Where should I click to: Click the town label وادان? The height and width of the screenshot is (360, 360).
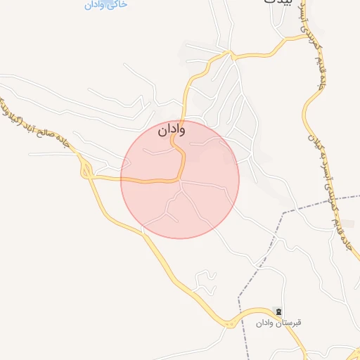tap(172, 130)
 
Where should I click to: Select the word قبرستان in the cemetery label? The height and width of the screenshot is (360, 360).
tap(288, 323)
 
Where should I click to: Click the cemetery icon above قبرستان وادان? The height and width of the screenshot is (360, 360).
tap(278, 312)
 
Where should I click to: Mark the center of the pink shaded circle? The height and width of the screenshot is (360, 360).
tap(180, 179)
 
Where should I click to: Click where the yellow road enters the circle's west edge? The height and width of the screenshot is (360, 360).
tap(122, 179)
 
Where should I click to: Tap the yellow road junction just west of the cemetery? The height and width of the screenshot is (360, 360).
tap(231, 323)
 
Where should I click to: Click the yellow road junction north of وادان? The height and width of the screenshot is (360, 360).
tap(230, 53)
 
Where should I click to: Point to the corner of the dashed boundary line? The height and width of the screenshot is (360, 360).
tap(283, 211)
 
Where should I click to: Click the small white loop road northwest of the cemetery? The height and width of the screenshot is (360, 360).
tap(205, 283)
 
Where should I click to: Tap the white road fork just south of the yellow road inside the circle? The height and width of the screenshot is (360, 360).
tap(181, 184)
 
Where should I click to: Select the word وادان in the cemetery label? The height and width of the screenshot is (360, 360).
tap(264, 323)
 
